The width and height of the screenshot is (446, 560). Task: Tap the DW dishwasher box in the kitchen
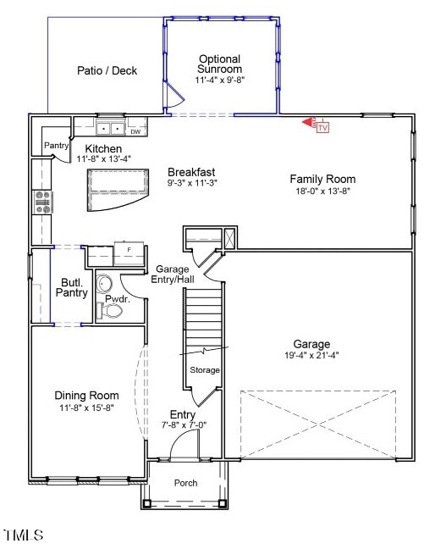coord(135,131)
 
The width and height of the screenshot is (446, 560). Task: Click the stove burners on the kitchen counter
coord(41,201)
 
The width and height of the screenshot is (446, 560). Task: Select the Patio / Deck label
coord(107,71)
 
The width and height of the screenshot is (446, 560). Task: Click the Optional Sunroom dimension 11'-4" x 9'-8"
coord(219,80)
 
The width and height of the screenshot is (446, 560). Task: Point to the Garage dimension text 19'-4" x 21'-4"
coord(311,357)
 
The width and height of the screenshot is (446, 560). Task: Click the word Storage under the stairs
coord(205,370)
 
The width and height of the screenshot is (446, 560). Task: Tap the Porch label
coord(185,483)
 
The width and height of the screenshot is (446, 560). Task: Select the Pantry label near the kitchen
coord(56,146)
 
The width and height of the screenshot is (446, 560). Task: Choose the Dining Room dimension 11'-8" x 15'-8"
coord(86,408)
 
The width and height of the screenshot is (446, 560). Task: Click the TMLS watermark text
coord(23,535)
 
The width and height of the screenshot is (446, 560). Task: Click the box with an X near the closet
coord(228,237)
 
